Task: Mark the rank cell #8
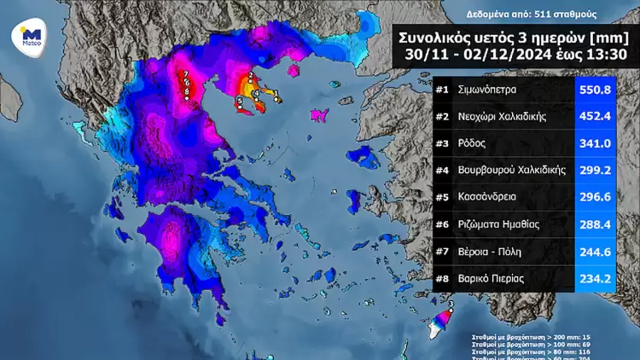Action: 442,277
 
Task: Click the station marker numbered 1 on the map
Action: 276,96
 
